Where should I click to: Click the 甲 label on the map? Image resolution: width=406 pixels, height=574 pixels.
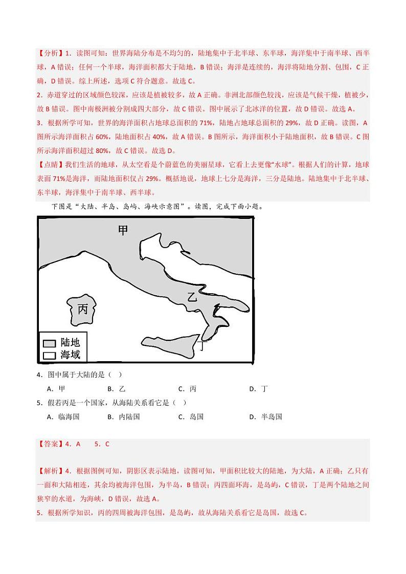(x=123, y=231)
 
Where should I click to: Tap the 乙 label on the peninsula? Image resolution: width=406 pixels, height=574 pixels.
(x=192, y=296)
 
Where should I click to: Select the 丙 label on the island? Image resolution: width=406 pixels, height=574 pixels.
(x=82, y=309)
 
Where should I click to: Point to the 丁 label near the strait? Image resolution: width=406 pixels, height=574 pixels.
(x=203, y=346)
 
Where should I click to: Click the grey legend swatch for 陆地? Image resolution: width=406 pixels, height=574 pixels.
(x=49, y=343)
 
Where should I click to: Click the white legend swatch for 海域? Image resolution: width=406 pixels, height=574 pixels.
(x=49, y=354)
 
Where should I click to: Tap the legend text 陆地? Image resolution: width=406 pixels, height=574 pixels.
(x=70, y=342)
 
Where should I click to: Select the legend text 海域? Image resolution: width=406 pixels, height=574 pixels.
(x=70, y=354)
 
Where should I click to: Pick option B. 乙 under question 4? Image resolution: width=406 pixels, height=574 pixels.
(x=116, y=389)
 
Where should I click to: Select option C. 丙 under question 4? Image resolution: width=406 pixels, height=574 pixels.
(x=187, y=389)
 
